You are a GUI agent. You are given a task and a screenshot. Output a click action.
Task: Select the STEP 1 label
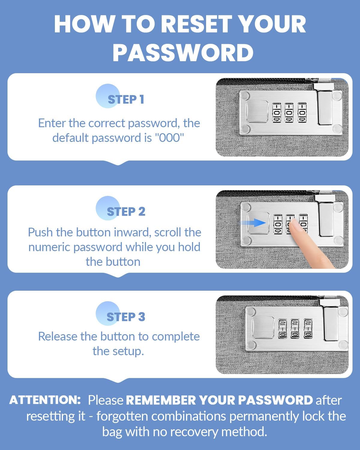[126, 99]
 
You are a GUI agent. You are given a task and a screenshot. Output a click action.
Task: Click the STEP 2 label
[126, 211]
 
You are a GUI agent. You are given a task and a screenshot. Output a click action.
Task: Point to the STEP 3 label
[126, 317]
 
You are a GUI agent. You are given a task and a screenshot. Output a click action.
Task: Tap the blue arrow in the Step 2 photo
[253, 223]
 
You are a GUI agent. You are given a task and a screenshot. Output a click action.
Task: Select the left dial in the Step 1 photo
[277, 113]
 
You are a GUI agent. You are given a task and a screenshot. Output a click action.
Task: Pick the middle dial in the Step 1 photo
[289, 113]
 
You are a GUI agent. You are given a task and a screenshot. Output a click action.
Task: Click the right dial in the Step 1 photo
[302, 113]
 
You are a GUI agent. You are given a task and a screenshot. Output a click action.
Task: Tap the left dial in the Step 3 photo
[282, 328]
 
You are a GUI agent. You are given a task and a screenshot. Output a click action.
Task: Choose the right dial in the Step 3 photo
[308, 328]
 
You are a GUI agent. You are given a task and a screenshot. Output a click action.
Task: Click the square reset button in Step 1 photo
[257, 111]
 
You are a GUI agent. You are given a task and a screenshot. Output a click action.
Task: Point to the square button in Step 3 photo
[263, 327]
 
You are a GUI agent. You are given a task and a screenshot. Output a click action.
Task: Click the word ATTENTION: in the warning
[45, 400]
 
